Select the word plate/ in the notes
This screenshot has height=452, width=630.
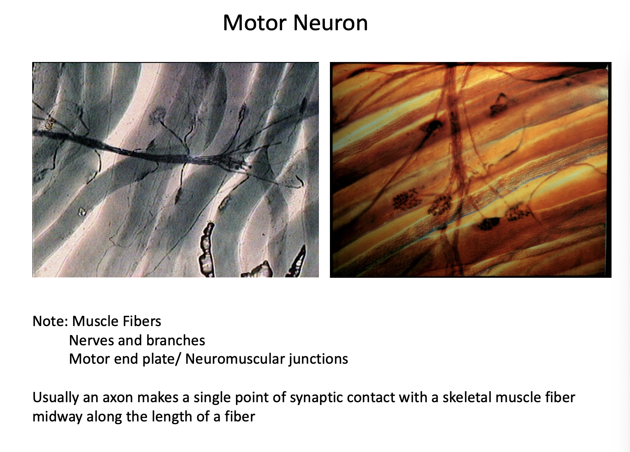pyautogui.click(x=164, y=359)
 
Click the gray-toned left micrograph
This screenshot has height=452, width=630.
pyautogui.click(x=175, y=169)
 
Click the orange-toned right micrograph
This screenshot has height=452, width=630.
pyautogui.click(x=471, y=169)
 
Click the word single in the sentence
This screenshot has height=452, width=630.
pyautogui.click(x=211, y=397)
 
